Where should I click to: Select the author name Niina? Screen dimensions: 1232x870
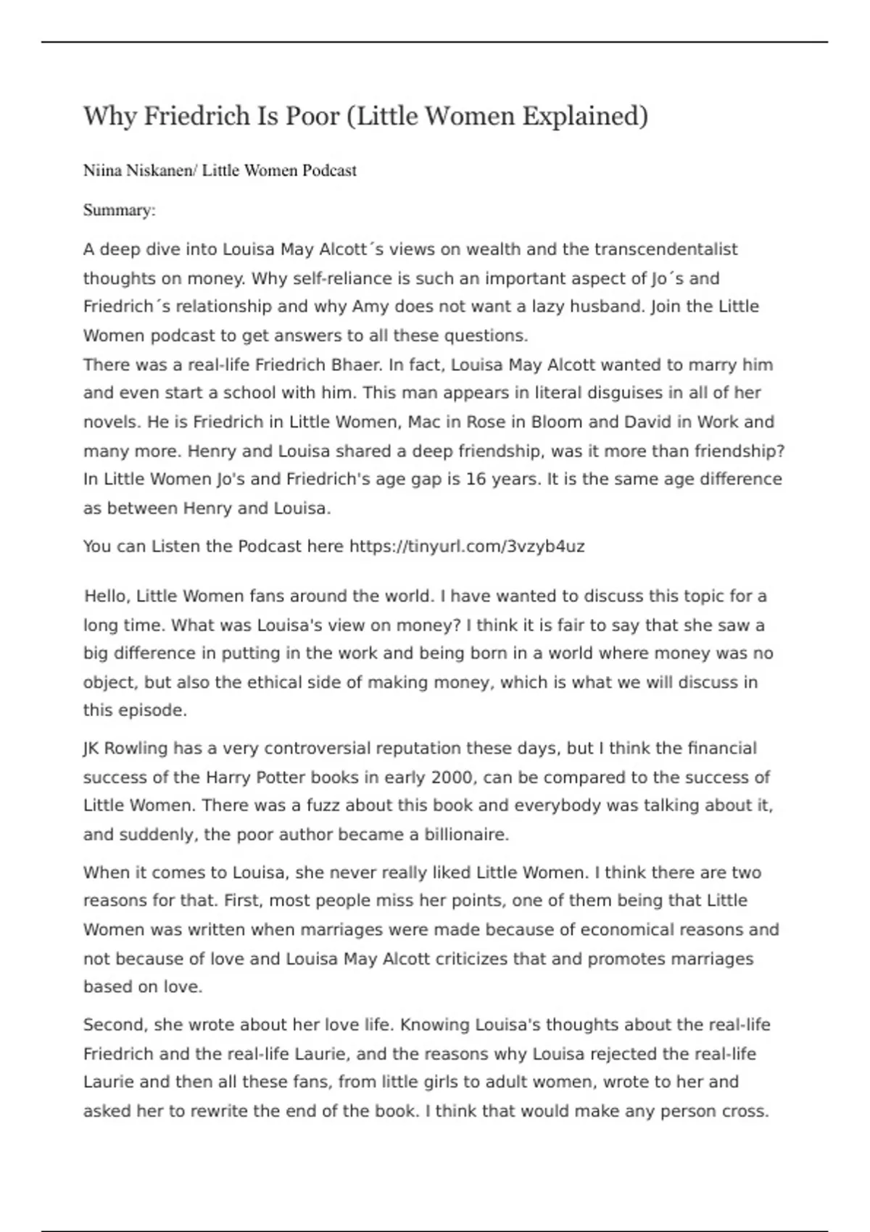[102, 171]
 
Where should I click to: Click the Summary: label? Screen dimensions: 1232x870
[119, 210]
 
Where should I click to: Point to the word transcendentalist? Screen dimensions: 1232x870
[666, 249]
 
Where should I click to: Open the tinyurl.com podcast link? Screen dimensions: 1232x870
[467, 546]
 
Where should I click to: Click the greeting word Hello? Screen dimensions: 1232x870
[107, 596]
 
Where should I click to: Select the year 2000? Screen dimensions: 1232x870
[452, 778]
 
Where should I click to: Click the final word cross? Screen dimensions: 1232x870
[745, 1111]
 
